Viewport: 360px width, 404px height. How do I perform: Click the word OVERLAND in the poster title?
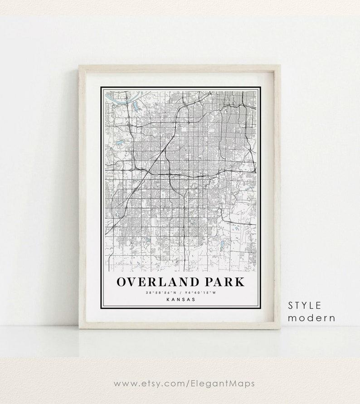click(151, 281)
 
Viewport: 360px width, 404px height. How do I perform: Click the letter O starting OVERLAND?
click(122, 281)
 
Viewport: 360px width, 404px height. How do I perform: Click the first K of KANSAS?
click(168, 299)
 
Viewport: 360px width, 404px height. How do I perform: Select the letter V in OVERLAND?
click(131, 281)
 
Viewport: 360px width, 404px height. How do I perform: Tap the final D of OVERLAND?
click(181, 281)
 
